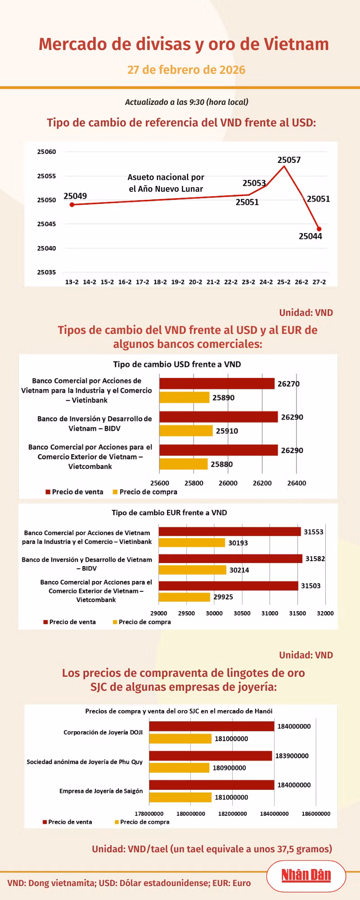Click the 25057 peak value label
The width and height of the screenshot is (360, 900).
pyautogui.click(x=289, y=160)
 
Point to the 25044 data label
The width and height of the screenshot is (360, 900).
pyautogui.click(x=310, y=236)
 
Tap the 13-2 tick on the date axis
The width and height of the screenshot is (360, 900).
pyautogui.click(x=72, y=282)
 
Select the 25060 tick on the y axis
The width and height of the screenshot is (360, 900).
pyautogui.click(x=47, y=152)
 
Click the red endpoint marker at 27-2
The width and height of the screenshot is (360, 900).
pyautogui.click(x=319, y=229)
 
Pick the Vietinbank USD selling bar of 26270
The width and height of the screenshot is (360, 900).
pyautogui.click(x=217, y=383)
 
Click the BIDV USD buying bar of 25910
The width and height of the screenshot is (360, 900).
pyautogui.click(x=186, y=431)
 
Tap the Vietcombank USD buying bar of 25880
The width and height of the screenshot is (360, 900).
pyautogui.click(x=184, y=464)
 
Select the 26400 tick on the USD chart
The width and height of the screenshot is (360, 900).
pyautogui.click(x=297, y=483)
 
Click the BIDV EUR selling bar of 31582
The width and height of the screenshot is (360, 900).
pyautogui.click(x=230, y=558)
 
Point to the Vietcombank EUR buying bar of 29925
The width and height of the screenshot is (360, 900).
pyautogui.click(x=184, y=597)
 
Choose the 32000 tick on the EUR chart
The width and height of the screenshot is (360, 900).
pyautogui.click(x=325, y=613)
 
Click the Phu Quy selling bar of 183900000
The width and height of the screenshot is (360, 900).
pyautogui.click(x=211, y=756)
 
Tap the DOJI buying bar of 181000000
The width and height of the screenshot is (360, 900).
pyautogui.click(x=180, y=738)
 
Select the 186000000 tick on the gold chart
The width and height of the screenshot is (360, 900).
pyautogui.click(x=316, y=814)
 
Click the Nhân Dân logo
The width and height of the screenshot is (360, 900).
pyautogui.click(x=306, y=875)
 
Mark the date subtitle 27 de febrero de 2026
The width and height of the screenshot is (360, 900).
pyautogui.click(x=186, y=70)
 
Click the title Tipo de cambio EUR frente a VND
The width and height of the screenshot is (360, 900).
pyautogui.click(x=169, y=513)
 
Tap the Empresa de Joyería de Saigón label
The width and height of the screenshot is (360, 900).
pyautogui.click(x=101, y=791)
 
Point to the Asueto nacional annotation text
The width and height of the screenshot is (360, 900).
pyautogui.click(x=166, y=183)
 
